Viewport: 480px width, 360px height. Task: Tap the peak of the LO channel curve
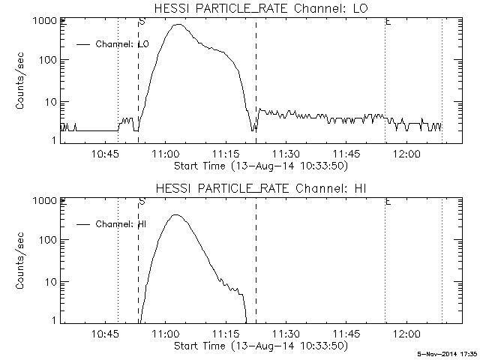click(x=178, y=25)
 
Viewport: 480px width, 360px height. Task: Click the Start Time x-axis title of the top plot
click(x=259, y=165)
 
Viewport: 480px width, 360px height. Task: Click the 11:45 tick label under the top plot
click(x=346, y=154)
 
